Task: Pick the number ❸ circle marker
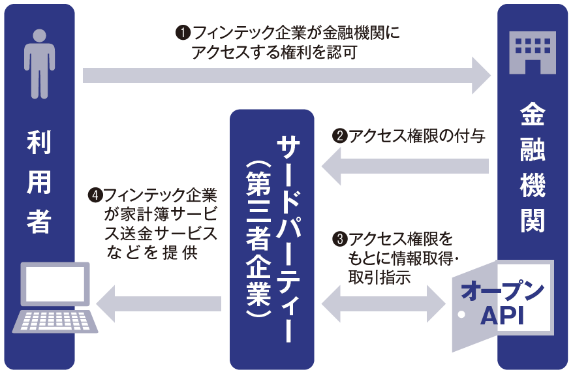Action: [339, 238]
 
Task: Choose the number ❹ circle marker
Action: [95, 195]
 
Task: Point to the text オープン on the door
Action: [503, 291]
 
